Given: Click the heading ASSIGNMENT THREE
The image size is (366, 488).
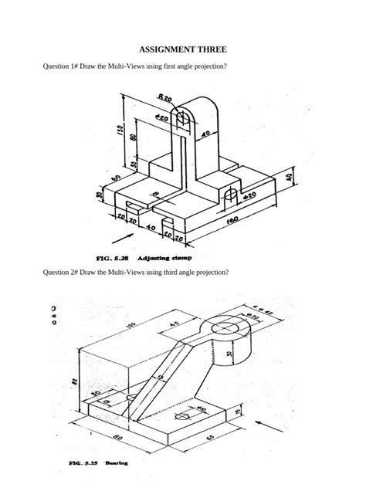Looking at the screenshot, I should [182, 48].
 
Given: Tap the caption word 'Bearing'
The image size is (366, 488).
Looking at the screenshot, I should [117, 463].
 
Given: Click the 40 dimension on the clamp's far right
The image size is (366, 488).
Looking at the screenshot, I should [290, 178].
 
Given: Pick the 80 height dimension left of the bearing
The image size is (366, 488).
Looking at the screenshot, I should [73, 381].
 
